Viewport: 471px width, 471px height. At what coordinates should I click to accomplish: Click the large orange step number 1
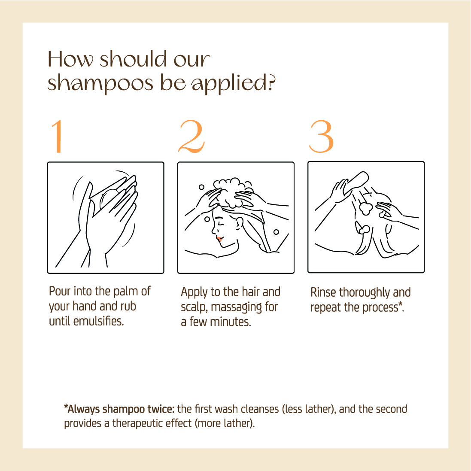pyautogui.click(x=57, y=137)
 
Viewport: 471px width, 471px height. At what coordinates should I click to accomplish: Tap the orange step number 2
pyautogui.click(x=191, y=137)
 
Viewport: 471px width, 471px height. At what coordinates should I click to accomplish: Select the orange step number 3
pyautogui.click(x=322, y=137)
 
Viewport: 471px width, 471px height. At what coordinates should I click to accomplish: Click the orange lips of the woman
pyautogui.click(x=219, y=239)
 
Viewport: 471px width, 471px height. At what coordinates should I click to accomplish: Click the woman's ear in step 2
pyautogui.click(x=239, y=224)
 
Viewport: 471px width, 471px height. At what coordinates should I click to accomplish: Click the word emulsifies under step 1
pyautogui.click(x=98, y=322)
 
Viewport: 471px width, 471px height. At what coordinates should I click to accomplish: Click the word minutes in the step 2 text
pyautogui.click(x=231, y=322)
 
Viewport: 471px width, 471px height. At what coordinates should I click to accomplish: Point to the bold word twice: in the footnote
pyautogui.click(x=161, y=409)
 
